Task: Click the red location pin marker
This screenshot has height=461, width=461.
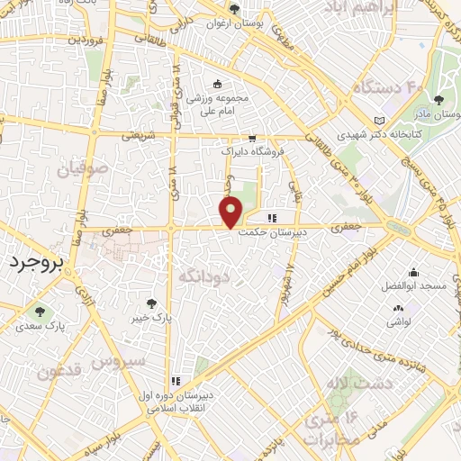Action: coord(232,212)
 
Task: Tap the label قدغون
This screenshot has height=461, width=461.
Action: coord(60,370)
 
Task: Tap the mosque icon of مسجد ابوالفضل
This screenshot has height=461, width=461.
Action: coord(412,273)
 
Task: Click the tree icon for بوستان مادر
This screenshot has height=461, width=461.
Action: coord(438,100)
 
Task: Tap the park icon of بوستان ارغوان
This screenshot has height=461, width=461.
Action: coord(234,9)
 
